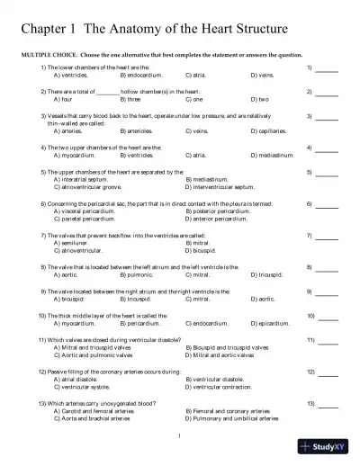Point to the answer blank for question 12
(327, 372)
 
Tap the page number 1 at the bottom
(180, 437)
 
